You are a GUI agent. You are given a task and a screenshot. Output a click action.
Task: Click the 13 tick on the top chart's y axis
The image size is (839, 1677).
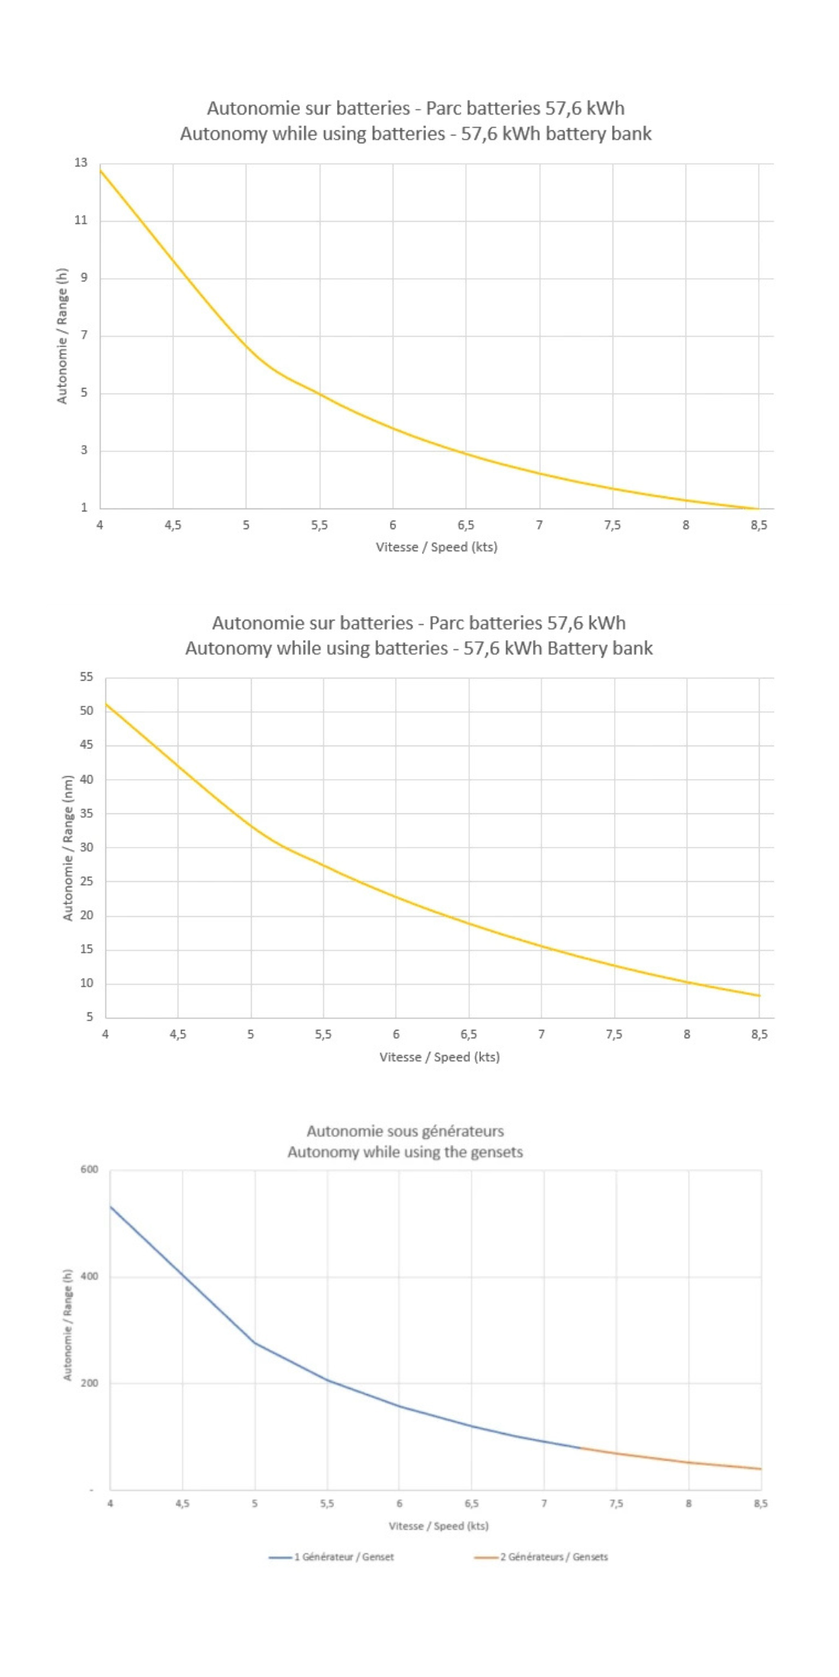(x=81, y=162)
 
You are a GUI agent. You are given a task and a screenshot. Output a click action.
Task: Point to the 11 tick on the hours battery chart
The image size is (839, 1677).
(x=81, y=220)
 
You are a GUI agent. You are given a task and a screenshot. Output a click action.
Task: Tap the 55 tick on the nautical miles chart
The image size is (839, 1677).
(x=86, y=677)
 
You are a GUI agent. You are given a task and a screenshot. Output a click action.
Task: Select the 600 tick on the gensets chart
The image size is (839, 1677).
(x=89, y=1169)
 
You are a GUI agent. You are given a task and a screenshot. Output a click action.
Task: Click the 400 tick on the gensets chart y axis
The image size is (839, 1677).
(x=89, y=1276)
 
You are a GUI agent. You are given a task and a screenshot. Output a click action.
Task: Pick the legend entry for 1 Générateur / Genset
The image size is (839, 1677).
(x=333, y=1557)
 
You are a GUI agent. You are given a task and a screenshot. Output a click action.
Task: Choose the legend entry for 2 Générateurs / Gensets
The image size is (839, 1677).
(x=542, y=1557)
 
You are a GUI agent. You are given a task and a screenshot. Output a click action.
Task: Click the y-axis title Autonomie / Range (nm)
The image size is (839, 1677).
(x=68, y=848)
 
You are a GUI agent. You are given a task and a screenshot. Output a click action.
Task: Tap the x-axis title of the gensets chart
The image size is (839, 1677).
(x=439, y=1525)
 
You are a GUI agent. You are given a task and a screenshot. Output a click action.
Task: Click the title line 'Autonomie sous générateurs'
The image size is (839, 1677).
(x=405, y=1131)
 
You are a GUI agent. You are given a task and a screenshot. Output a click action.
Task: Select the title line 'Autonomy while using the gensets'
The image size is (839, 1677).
(x=405, y=1152)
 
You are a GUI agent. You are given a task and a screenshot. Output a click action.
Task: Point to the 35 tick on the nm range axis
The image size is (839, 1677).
(x=86, y=813)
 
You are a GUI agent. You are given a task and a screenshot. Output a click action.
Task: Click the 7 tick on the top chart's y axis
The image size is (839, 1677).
(x=84, y=335)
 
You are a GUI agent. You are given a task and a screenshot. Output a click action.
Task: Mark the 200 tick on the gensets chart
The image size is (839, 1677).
(x=89, y=1383)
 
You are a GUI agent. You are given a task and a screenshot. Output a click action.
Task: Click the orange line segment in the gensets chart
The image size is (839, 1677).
(x=671, y=1459)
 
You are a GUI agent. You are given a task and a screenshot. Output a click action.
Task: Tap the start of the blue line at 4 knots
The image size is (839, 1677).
(x=111, y=1207)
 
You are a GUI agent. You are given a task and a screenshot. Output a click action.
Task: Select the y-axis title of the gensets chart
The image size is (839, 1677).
(x=68, y=1325)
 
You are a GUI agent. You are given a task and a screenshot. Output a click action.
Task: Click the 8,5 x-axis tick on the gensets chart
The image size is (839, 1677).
(x=760, y=1503)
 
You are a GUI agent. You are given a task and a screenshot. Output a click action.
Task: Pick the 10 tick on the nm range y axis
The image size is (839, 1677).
(x=86, y=983)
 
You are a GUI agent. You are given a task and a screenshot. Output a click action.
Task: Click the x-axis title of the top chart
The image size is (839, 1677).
(x=436, y=547)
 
